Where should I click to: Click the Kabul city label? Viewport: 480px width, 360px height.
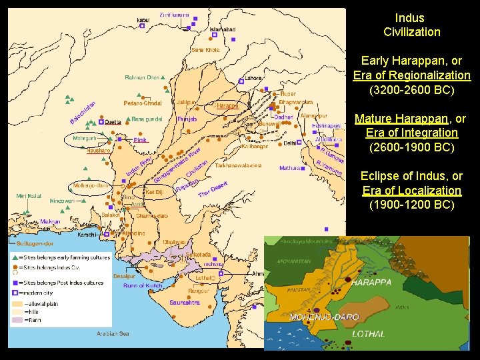[143, 20]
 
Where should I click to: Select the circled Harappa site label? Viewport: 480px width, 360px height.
[227, 105]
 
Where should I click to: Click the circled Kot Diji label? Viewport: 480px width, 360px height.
[154, 191]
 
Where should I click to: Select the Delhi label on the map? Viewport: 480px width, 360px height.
[290, 143]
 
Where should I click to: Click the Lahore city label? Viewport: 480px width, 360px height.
[253, 78]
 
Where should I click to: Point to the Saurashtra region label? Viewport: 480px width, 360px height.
[185, 302]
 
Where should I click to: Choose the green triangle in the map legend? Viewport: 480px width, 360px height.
[14, 257]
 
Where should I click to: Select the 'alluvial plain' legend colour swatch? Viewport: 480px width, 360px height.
[17, 303]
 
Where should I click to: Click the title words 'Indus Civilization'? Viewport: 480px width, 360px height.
[411, 25]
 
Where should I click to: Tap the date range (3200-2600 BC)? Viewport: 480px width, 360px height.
[411, 89]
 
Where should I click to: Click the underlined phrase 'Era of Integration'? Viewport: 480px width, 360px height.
[411, 133]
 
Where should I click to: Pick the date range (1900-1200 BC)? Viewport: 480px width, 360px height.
[411, 204]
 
